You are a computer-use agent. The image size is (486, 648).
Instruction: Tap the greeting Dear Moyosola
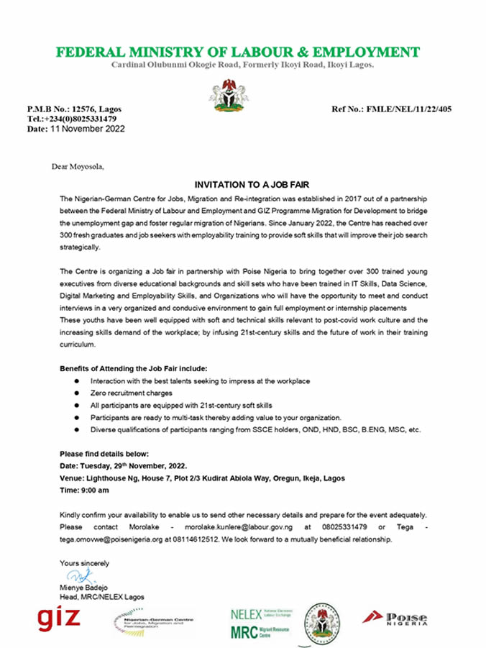click(78, 167)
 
